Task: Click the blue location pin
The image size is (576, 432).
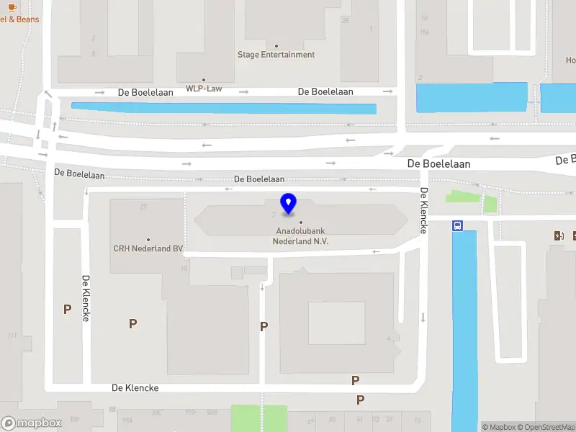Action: click(x=289, y=204)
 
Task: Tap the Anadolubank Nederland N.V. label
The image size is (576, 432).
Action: click(x=301, y=236)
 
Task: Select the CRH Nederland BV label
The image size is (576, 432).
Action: click(x=148, y=248)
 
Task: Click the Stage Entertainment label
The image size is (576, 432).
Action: click(x=276, y=55)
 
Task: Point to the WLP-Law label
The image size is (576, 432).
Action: click(x=204, y=89)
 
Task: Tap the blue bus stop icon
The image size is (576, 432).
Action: click(x=457, y=225)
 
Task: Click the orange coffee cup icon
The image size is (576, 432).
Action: click(x=15, y=6)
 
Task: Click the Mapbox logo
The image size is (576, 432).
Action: click(x=32, y=423)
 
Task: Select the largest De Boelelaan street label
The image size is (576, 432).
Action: click(x=438, y=164)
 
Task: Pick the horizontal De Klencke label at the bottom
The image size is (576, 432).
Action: click(x=135, y=387)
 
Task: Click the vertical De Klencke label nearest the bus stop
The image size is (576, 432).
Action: click(x=424, y=210)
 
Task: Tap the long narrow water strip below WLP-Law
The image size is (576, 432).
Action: click(x=223, y=108)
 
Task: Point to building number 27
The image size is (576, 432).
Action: click(x=144, y=207)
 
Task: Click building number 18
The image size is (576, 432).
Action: click(x=184, y=268)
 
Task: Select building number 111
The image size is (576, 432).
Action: click(x=12, y=336)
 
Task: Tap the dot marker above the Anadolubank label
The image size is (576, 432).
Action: click(x=301, y=222)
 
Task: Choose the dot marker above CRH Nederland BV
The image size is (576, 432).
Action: click(x=148, y=240)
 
